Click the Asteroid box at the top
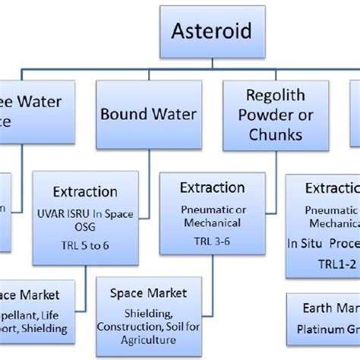tap(211, 32)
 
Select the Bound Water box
tap(149, 115)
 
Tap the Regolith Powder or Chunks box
tap(274, 115)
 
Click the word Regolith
tap(275, 96)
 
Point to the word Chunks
tap(274, 134)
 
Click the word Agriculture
tap(149, 339)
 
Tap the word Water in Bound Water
tap(172, 115)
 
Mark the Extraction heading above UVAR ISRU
tap(85, 191)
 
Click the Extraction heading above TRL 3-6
tap(213, 188)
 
